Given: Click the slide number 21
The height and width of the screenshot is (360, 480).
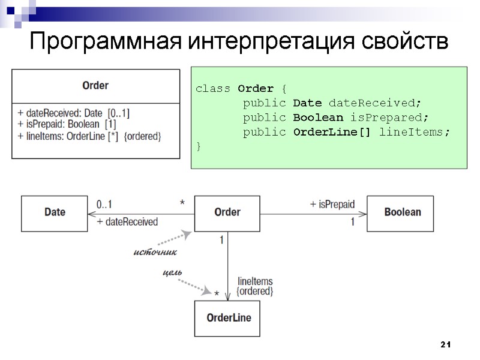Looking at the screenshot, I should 445,344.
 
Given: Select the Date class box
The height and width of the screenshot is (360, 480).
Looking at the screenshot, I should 55,212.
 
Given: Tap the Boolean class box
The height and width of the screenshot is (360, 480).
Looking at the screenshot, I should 402,212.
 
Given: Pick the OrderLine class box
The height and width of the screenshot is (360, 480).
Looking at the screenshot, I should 229,318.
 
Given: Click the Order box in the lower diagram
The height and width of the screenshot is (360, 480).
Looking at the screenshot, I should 227,212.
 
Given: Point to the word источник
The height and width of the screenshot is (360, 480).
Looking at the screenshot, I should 154,251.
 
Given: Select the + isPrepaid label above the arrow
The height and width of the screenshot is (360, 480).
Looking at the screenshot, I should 332,204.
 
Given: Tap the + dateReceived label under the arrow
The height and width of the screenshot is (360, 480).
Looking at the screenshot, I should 127,222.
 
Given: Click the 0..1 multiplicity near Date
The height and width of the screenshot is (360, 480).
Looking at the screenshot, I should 104,204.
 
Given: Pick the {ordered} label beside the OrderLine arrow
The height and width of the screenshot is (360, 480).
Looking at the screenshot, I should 255,292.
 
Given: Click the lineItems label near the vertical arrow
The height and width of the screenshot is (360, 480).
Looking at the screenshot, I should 255,281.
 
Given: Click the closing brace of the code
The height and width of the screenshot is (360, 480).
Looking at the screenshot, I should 198,146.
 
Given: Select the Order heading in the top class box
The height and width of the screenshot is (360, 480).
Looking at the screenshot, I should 95,85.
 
